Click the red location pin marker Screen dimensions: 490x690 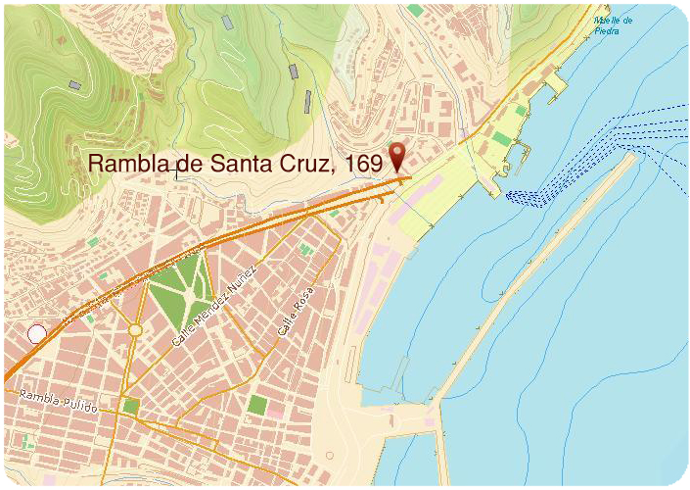click(397, 156)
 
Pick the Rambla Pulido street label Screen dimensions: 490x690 click(59, 400)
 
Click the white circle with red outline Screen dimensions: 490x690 click(37, 334)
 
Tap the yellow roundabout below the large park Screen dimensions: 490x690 click(135, 330)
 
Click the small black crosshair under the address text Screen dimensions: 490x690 click(176, 174)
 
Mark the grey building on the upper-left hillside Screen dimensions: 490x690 click(75, 85)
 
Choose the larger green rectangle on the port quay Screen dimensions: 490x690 click(501, 138)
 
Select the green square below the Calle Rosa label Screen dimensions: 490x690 click(257, 404)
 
